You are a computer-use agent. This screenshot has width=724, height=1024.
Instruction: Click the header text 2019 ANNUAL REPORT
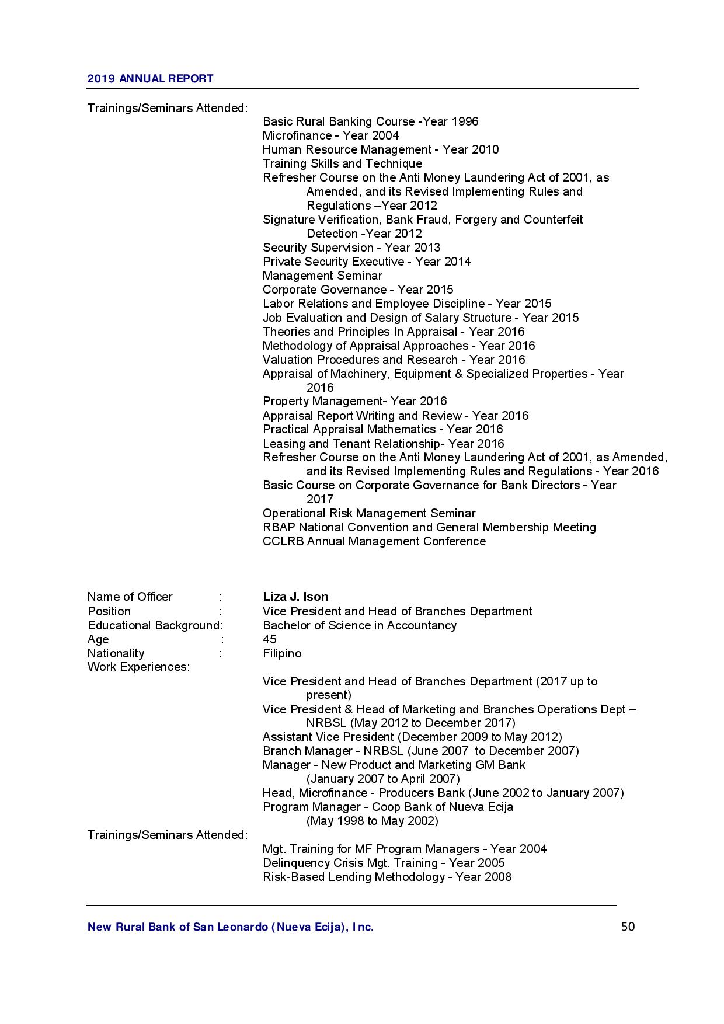(x=150, y=78)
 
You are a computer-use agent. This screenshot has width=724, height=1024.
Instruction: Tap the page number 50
(x=628, y=927)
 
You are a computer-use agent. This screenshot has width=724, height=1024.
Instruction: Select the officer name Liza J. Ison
(x=295, y=597)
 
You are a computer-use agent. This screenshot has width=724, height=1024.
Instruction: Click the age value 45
(x=269, y=639)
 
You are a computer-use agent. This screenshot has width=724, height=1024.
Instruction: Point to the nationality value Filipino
(x=282, y=653)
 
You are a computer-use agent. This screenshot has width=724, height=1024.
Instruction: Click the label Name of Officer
(x=130, y=597)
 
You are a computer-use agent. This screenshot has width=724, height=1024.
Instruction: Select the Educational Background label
(x=154, y=625)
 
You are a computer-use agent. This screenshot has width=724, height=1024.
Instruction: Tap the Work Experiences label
(x=138, y=667)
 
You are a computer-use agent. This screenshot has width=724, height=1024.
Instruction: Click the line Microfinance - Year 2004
(x=330, y=135)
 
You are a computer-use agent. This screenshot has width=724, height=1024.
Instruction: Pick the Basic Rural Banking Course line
(x=370, y=121)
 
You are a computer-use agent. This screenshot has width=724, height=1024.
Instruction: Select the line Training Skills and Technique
(x=342, y=163)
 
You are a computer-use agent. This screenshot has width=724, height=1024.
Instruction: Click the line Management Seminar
(x=322, y=276)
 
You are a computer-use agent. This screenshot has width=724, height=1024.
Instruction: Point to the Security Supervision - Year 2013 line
(x=351, y=248)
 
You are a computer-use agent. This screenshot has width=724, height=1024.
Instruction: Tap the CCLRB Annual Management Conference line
(x=374, y=541)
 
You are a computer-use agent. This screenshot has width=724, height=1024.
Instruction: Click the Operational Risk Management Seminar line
(x=369, y=513)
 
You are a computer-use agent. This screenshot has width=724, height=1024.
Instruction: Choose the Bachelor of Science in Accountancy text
(x=360, y=625)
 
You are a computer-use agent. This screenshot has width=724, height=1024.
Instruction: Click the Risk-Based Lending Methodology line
(x=387, y=877)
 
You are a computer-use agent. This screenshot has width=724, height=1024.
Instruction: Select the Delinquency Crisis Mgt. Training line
(x=384, y=863)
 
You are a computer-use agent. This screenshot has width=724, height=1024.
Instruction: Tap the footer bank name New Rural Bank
(x=230, y=927)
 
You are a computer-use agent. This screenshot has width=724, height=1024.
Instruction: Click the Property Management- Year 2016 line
(x=354, y=401)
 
